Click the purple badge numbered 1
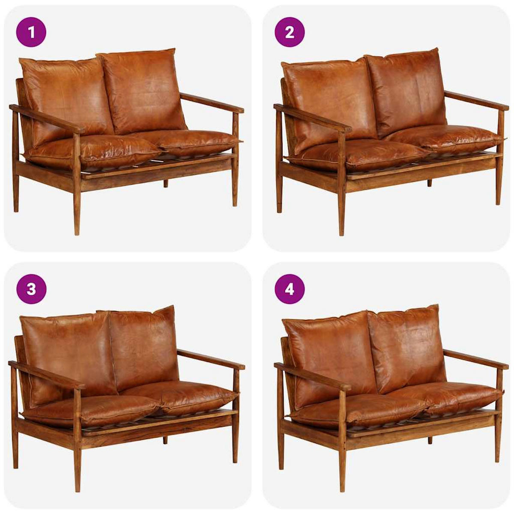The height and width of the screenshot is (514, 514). (x=31, y=32)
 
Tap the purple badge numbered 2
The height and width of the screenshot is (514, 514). (x=290, y=32)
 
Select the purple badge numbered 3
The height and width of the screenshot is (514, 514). (x=31, y=289)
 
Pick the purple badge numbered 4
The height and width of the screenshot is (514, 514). (x=290, y=289)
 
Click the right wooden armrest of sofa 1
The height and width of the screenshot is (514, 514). (x=212, y=103)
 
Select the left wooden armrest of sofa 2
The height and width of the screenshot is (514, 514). (x=313, y=118)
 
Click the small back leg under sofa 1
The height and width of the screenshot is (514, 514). (x=166, y=183)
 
